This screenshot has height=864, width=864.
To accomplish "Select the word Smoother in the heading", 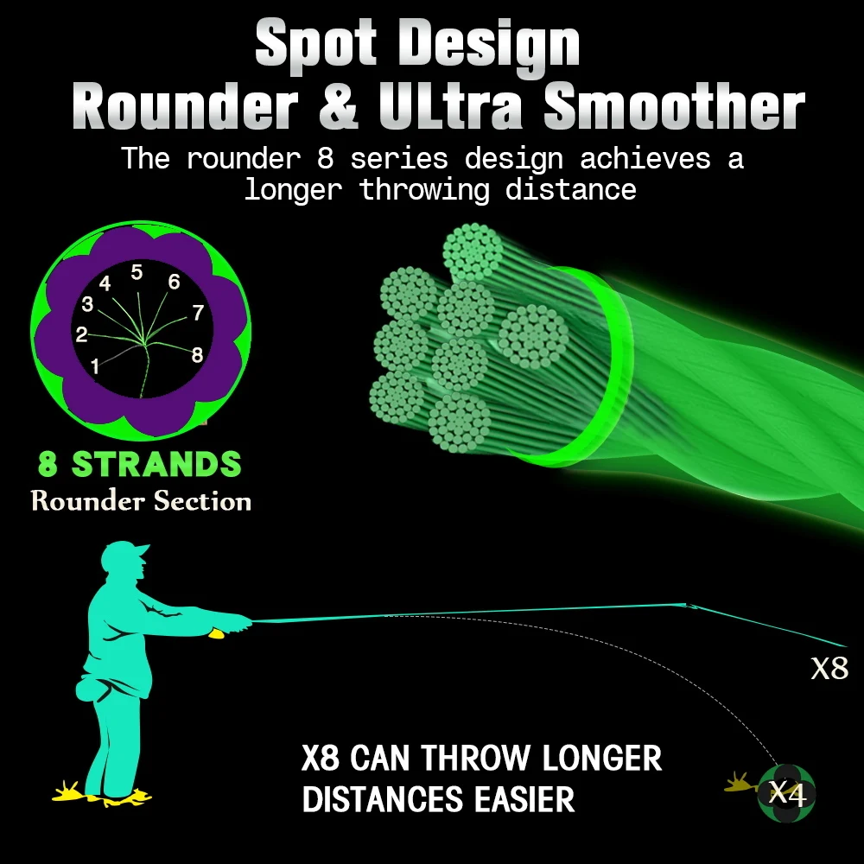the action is tap(675, 110).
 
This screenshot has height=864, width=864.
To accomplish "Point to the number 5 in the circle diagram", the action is tap(137, 273).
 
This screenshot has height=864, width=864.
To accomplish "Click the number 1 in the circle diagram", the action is tap(95, 366).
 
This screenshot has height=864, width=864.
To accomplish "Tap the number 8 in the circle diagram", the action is tap(197, 354).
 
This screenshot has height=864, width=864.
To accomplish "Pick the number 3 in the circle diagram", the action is tap(87, 304).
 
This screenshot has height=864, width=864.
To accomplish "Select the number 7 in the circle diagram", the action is tap(198, 313).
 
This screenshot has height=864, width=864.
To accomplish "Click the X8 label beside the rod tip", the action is tap(829, 668).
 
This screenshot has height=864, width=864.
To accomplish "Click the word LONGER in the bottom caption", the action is tap(601, 759).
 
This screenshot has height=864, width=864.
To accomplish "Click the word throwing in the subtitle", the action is tap(423, 189).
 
